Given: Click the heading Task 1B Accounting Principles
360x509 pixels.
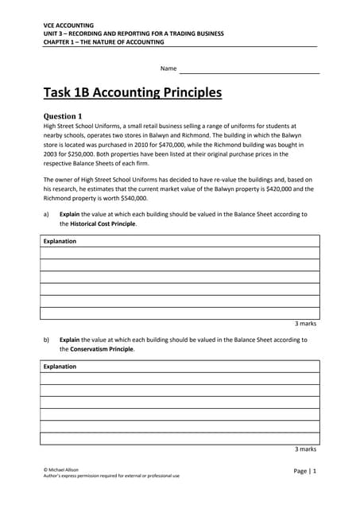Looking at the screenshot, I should pos(132,93).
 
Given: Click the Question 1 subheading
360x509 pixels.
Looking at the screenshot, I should pos(63,116).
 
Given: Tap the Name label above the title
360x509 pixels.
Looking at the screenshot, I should pos(168,69).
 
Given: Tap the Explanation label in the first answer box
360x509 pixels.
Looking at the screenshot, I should pos(60,242).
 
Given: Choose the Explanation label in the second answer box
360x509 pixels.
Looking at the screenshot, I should pos(60,367).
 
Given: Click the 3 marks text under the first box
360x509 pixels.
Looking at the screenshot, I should pos(305,324).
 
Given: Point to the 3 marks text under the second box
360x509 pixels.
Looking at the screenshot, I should pos(305,449).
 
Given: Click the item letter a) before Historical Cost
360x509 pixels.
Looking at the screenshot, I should pos(46,215).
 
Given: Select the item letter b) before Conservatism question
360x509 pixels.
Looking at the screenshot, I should pos(46,340).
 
